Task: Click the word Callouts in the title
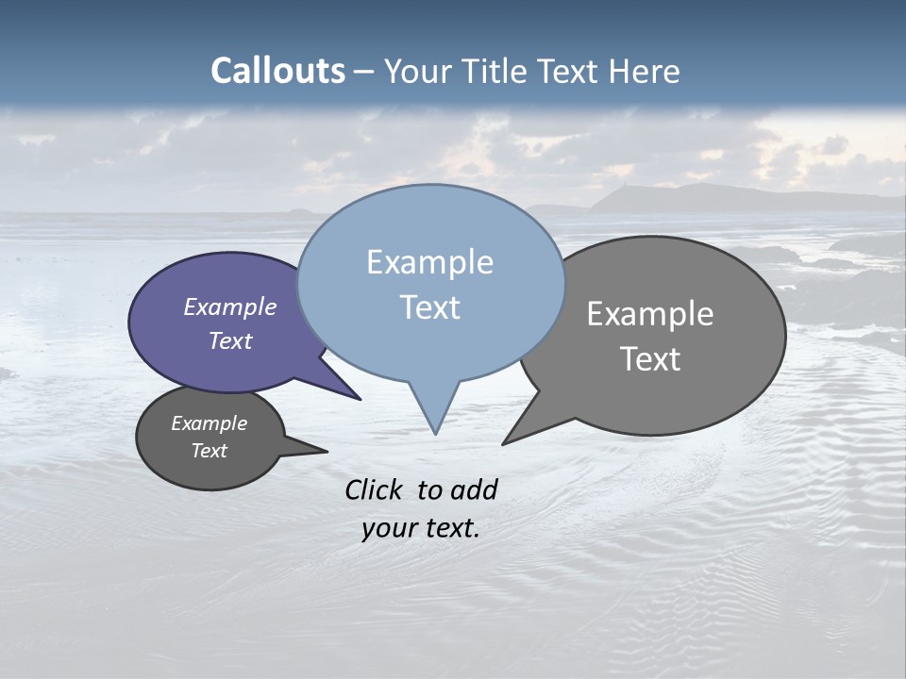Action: click(277, 71)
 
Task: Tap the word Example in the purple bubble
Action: click(230, 306)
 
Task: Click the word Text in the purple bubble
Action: click(230, 340)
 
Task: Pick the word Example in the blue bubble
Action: click(429, 262)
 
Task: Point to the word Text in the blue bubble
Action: click(429, 307)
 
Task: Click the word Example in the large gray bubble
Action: click(650, 314)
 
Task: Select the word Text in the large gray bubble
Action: click(650, 359)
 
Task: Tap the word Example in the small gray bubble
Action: click(210, 423)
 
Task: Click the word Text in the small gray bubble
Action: click(210, 451)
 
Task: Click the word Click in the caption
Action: click(373, 489)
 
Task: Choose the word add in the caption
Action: click(474, 489)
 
